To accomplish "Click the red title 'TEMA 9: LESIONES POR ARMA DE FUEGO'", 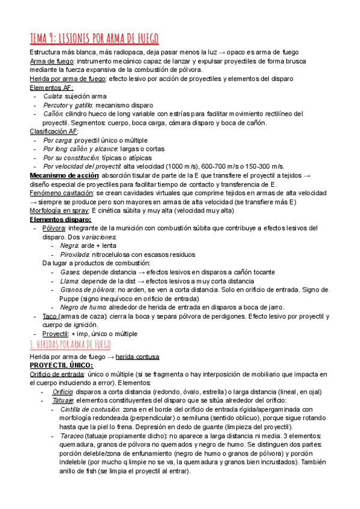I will [94, 38].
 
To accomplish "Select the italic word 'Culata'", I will [53, 95].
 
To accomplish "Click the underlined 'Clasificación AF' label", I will [53, 131].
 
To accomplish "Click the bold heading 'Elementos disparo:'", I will [61, 219].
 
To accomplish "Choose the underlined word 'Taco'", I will [50, 316].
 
